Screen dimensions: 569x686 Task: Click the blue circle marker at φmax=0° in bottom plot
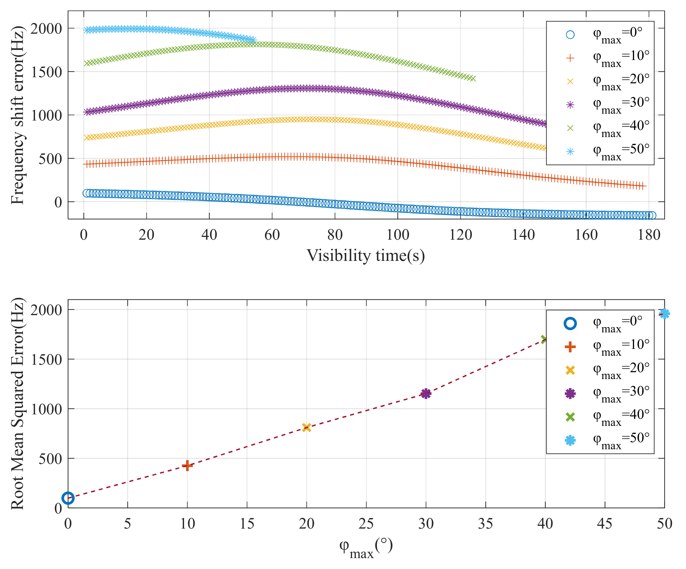(68, 498)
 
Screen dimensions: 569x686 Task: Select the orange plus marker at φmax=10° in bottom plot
(187, 465)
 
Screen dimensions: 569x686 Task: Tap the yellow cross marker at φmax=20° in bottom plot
(307, 427)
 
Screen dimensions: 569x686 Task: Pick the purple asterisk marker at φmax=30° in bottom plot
(426, 394)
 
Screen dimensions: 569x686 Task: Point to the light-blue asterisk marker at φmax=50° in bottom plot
(664, 314)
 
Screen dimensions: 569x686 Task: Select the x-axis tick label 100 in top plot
(398, 235)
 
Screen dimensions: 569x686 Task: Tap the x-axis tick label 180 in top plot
(649, 235)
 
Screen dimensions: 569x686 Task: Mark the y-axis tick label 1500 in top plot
(46, 72)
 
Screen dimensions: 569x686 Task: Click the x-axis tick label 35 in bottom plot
(485, 523)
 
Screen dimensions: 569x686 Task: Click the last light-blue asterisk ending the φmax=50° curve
(253, 40)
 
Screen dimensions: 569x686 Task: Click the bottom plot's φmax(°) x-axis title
(365, 548)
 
